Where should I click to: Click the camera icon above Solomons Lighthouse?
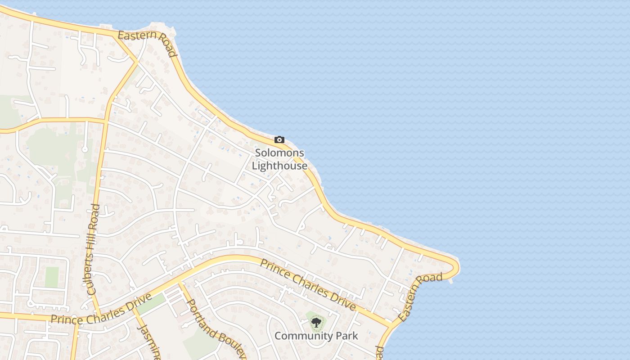[x=279, y=140]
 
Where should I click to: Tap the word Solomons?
[x=279, y=153]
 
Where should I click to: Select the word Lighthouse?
[x=279, y=166]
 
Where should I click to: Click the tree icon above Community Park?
[x=316, y=322]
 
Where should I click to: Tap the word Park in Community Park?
[x=346, y=336]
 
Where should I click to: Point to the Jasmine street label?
[x=148, y=341]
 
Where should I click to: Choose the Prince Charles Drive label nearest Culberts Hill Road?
[x=101, y=310]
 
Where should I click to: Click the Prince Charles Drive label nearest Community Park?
[x=308, y=285]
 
